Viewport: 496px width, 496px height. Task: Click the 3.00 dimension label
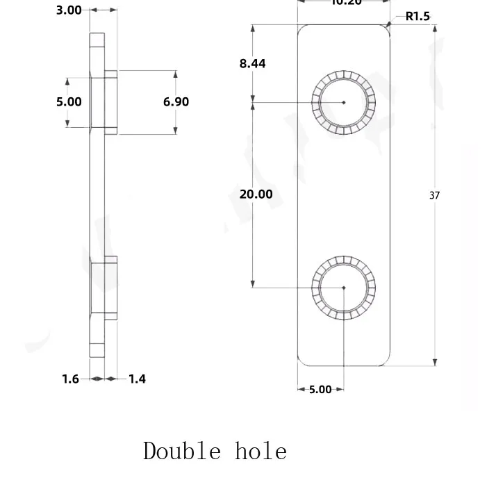69,10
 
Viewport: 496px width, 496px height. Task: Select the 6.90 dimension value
176,102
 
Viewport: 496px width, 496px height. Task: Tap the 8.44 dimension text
252,64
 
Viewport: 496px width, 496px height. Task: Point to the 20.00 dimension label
256,195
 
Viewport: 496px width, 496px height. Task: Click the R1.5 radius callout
418,16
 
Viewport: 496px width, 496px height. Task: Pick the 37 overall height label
434,196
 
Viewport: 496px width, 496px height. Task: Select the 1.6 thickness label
71,379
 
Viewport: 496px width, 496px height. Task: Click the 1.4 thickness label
137,379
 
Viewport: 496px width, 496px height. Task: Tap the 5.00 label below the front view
320,390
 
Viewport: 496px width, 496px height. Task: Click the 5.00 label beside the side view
69,102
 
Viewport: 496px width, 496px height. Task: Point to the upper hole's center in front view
344,103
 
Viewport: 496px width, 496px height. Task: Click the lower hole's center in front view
344,287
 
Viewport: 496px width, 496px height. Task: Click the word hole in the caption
261,452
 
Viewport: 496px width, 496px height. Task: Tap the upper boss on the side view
110,101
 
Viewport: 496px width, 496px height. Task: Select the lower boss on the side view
110,286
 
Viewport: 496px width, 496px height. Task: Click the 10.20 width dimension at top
346,3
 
